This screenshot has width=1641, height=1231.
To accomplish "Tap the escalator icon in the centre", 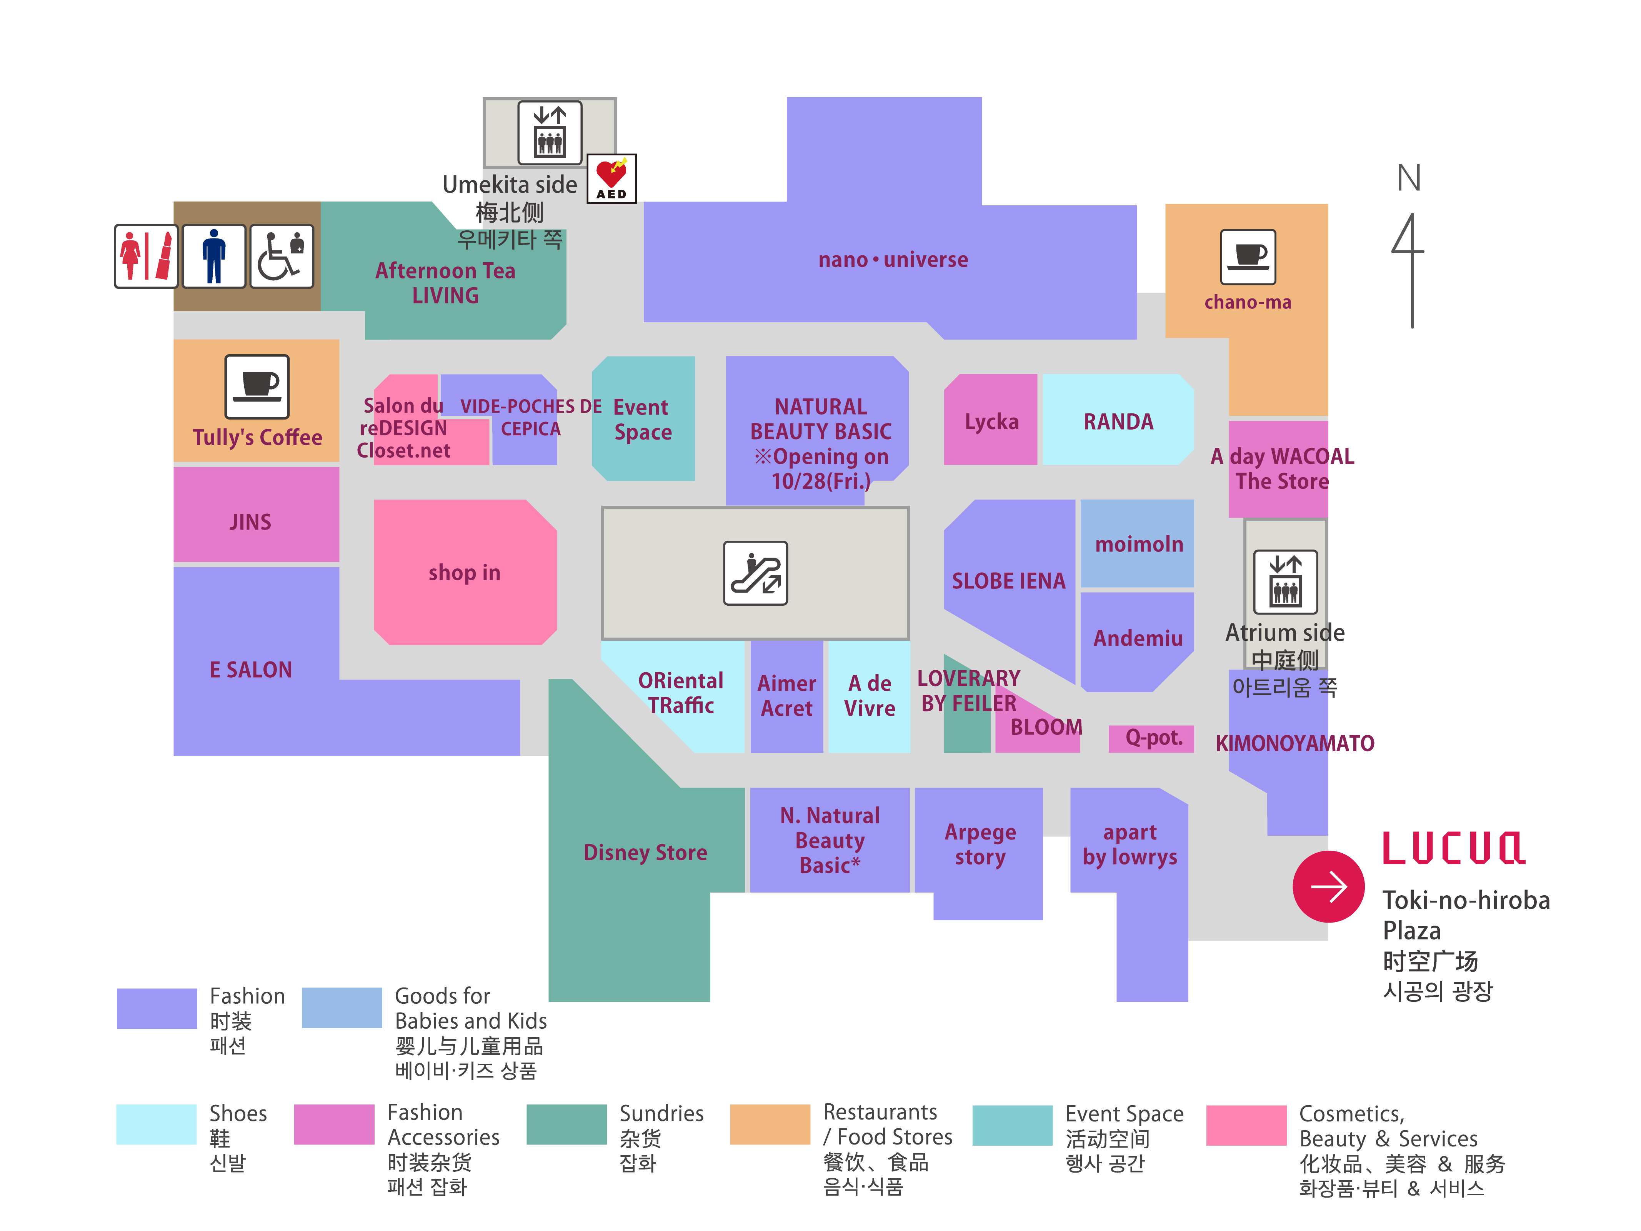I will [x=755, y=573].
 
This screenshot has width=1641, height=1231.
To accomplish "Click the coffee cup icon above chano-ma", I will [x=1248, y=257].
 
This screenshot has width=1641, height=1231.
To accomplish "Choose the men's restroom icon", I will [x=214, y=256].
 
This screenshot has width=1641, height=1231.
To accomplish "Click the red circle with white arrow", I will [x=1328, y=886].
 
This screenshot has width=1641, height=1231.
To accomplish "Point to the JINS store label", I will [x=250, y=521].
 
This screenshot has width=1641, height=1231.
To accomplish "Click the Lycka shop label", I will [x=991, y=421].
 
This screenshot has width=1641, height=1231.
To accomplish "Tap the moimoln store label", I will [x=1139, y=544].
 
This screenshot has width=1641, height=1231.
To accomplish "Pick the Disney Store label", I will [x=645, y=852].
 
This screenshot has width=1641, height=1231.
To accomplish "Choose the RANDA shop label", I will [x=1118, y=421].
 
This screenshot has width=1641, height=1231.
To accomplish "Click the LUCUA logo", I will [x=1453, y=848].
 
